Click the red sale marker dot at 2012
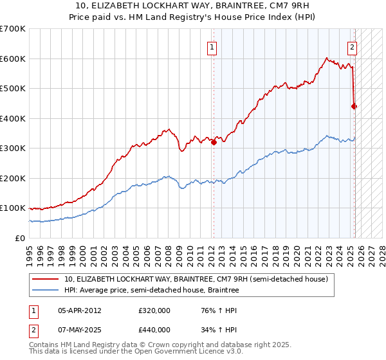214,143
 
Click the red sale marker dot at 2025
354,107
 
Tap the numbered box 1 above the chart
212,46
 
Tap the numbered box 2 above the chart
353,46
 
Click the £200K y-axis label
13,178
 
